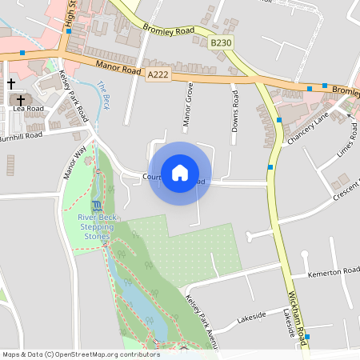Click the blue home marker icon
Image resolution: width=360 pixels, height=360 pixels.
pyautogui.click(x=180, y=173)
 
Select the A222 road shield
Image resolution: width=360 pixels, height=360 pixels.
pyautogui.click(x=158, y=74)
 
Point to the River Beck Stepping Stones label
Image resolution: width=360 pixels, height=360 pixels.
pyautogui.click(x=96, y=222)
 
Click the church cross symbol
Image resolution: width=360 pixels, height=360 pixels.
pyautogui.click(x=11, y=83)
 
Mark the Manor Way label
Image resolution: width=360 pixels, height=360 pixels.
pyautogui.click(x=74, y=162)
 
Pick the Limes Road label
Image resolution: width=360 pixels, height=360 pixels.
pyautogui.click(x=346, y=140)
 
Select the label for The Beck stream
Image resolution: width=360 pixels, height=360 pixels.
pyautogui.click(x=103, y=94)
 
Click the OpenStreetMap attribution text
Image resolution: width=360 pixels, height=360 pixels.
pyautogui.click(x=80, y=354)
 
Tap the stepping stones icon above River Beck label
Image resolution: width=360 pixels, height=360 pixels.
pyautogui.click(x=97, y=206)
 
